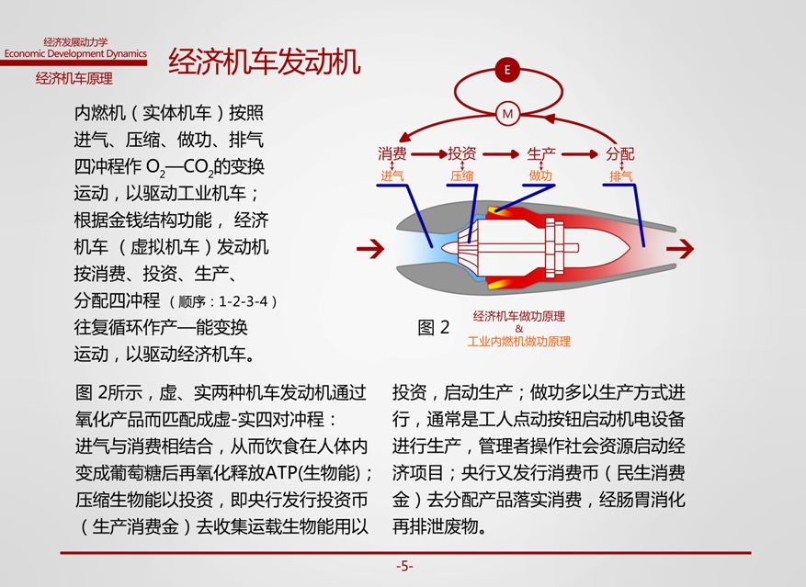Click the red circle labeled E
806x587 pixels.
(507, 70)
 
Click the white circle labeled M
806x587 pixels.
(507, 114)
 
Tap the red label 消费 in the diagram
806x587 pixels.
(392, 153)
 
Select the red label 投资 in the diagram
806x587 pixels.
(462, 153)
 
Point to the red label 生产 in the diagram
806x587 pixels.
(541, 153)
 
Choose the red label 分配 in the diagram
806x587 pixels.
(620, 153)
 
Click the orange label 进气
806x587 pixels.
(392, 176)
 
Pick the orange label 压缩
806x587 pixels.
(462, 176)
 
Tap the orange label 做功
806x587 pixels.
(540, 175)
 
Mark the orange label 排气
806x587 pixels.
(621, 176)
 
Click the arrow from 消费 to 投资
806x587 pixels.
(428, 153)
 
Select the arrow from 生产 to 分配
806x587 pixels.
(580, 153)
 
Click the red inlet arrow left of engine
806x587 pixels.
(370, 249)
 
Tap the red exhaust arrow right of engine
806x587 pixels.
(680, 249)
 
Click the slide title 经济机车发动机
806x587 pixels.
(264, 62)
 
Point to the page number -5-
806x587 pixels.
(404, 567)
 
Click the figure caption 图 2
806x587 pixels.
(433, 327)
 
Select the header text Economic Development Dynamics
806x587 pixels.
(75, 53)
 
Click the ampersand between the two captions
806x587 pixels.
(518, 329)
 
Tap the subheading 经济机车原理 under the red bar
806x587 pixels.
(74, 79)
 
